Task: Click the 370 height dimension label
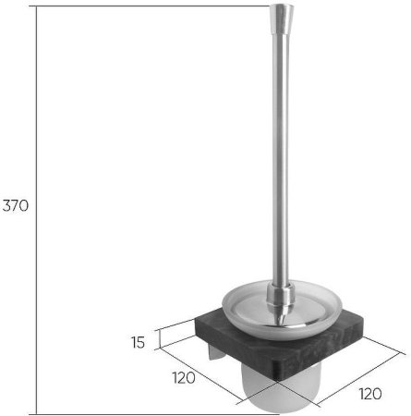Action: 16,205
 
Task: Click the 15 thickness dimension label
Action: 138,342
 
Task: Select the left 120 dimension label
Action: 184,378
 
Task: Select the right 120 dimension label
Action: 370,394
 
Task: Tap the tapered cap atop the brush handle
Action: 282,18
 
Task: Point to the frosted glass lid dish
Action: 282,310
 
